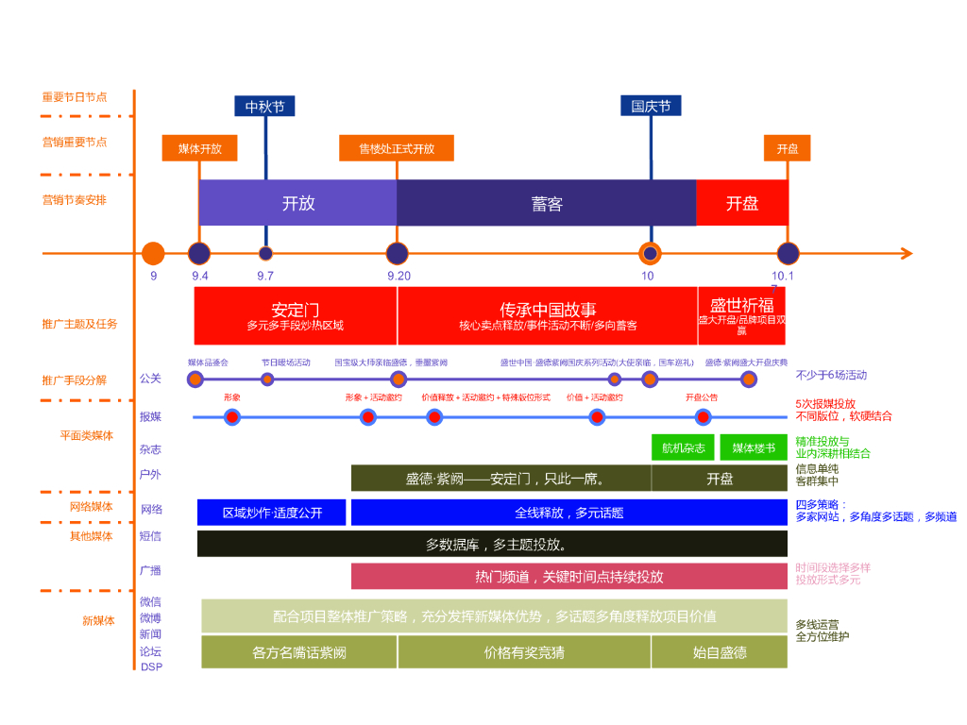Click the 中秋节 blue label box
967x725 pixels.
pos(264,107)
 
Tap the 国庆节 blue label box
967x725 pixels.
pos(651,107)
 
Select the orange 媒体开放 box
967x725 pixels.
pos(200,149)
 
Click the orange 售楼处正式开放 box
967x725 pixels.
pos(397,149)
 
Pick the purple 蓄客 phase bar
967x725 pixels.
pos(547,203)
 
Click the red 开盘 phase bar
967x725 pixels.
pos(742,203)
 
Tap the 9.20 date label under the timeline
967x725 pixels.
pos(399,276)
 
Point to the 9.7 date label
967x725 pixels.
pos(265,276)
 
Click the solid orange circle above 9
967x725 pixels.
pos(153,253)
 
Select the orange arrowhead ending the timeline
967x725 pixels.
pos(907,253)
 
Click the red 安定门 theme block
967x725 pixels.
pos(296,316)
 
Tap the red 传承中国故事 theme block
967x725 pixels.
pos(548,316)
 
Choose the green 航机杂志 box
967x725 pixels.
pos(684,447)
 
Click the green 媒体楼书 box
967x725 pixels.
pos(754,447)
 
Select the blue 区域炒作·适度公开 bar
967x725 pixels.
pos(272,513)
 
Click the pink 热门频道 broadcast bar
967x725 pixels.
pos(568,576)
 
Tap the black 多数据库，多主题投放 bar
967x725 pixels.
pos(492,544)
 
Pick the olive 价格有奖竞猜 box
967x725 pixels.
pos(524,652)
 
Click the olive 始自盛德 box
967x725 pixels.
pos(720,652)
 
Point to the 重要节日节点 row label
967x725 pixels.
pos(75,97)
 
